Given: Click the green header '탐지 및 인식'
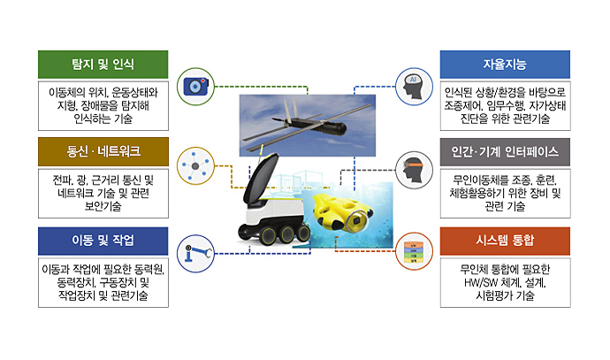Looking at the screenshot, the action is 103,65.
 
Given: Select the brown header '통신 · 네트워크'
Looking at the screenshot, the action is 103,151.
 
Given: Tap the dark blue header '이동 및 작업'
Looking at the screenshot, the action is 103,241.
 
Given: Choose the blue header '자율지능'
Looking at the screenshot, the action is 505,65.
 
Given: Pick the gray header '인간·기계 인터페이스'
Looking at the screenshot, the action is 505,152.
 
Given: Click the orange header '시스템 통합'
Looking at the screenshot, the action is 505,241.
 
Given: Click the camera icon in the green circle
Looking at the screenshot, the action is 195,87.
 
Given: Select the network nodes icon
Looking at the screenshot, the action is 195,166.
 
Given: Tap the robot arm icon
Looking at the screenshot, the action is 198,253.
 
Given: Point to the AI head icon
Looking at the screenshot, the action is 413,87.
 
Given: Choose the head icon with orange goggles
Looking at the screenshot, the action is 413,171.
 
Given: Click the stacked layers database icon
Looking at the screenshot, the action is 414,252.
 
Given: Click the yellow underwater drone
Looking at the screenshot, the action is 342,211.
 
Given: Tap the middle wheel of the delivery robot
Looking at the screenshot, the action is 287,234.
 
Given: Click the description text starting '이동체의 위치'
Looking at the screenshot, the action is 103,105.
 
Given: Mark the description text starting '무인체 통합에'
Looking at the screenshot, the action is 505,282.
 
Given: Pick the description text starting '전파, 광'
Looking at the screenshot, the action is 103,193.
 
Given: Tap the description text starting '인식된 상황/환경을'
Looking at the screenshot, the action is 505,105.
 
